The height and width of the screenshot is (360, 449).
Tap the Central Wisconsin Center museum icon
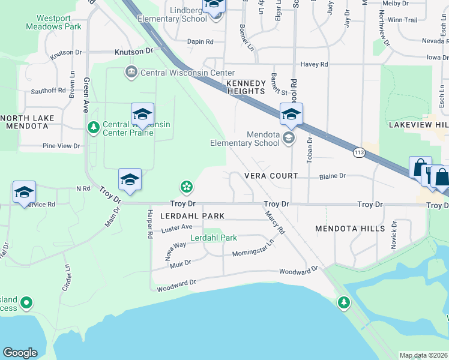(x=131, y=73)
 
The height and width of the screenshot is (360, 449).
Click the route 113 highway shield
(x=359, y=153)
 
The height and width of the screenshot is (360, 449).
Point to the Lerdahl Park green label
(x=214, y=238)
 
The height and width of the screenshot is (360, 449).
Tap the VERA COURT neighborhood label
(x=271, y=176)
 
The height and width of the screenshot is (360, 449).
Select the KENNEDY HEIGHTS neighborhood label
(x=245, y=87)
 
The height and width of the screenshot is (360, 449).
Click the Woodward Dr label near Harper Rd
(x=176, y=285)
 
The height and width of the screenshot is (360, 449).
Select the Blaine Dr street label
(x=333, y=176)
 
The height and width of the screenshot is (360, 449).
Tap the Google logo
(x=20, y=353)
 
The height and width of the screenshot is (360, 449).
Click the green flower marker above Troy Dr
(x=187, y=187)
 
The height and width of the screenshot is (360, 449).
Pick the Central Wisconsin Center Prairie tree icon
(x=93, y=127)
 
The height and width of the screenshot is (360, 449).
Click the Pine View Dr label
(x=61, y=146)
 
